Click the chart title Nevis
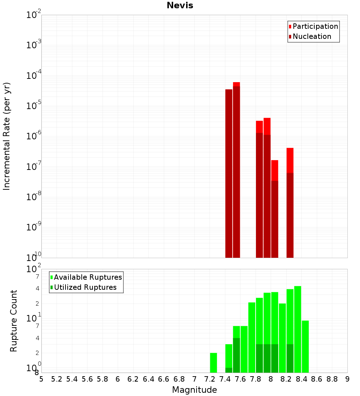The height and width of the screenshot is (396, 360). pos(180,5)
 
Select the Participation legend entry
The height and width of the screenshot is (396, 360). pos(315,26)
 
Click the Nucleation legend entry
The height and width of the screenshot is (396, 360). pos(312,36)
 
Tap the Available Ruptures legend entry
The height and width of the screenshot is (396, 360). pos(88,277)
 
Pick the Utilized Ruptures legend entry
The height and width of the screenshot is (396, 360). pos(85,287)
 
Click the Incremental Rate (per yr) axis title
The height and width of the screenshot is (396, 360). pos(6,136)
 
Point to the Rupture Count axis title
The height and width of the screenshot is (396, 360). pos(14,321)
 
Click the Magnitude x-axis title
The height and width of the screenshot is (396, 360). pos(194,390)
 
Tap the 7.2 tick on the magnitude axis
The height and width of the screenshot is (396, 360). pos(210,379)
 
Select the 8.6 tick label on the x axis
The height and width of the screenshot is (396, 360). pos(317,379)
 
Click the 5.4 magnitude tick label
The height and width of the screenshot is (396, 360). pos(72,379)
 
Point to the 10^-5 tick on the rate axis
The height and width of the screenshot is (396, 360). pos(34,106)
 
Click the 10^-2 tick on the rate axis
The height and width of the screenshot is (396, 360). pos(34,15)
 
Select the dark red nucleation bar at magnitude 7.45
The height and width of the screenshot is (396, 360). pos(229,173)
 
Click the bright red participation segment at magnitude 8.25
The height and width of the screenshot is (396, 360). pos(290,160)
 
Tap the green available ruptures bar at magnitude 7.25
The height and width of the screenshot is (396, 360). pos(213,363)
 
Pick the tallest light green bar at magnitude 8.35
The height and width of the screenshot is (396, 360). pos(298,329)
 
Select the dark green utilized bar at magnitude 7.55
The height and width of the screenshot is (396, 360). pos(237,355)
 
